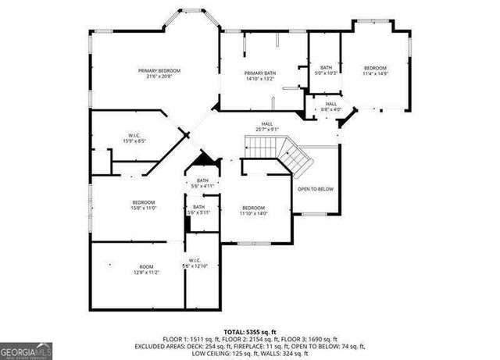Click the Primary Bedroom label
pyautogui.click(x=155, y=71)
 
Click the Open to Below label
pyautogui.click(x=316, y=189)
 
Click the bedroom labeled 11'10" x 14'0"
pyautogui.click(x=254, y=209)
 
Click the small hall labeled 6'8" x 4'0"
pyautogui.click(x=331, y=106)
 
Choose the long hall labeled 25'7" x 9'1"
pyautogui.click(x=266, y=127)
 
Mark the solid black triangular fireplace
pyautogui.click(x=205, y=160)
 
